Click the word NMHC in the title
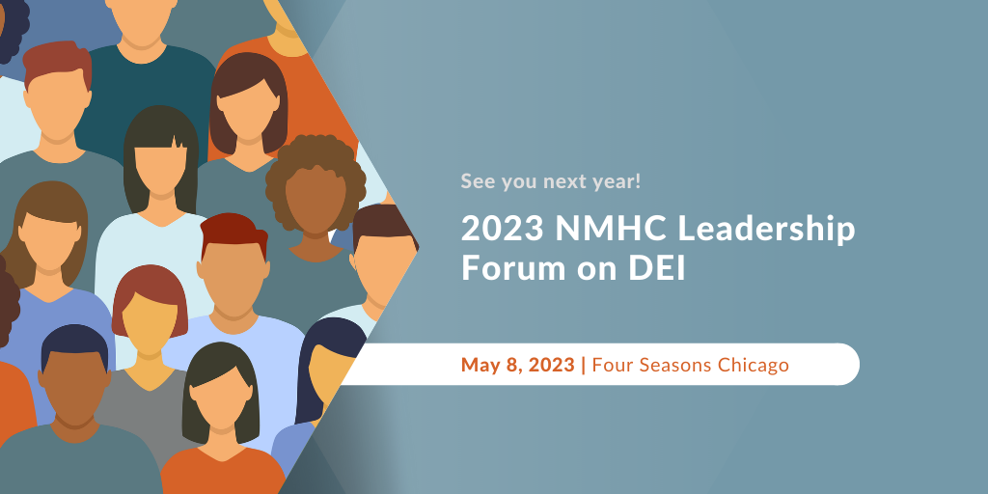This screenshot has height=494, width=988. [x=603, y=229]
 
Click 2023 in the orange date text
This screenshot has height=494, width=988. [x=551, y=365]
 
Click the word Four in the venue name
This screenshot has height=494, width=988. [x=611, y=365]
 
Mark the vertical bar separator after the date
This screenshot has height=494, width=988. [x=584, y=366]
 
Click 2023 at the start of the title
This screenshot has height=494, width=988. [x=502, y=229]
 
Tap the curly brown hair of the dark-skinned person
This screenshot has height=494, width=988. [x=316, y=157]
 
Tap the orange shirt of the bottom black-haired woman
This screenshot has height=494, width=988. [x=222, y=474]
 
